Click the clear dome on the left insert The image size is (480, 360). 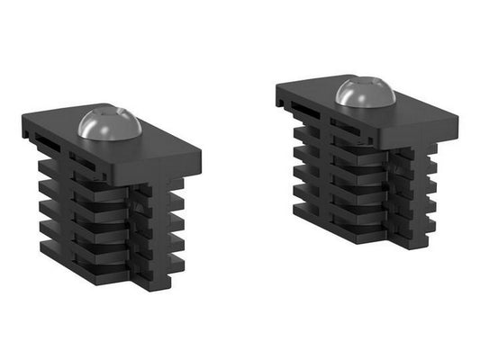click(108, 124)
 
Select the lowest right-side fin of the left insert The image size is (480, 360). click(176, 261)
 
